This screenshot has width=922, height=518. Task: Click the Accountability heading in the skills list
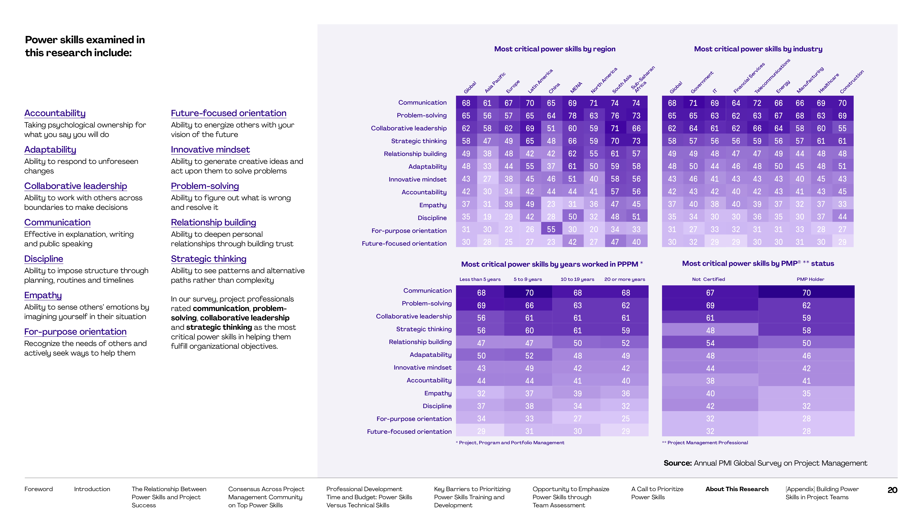click(55, 113)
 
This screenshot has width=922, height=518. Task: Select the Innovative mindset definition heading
click(210, 150)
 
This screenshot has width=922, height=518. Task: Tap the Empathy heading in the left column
click(43, 295)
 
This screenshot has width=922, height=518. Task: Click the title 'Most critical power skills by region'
click(554, 49)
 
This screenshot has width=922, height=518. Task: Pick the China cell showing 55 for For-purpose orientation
click(551, 229)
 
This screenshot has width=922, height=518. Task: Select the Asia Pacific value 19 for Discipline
click(487, 217)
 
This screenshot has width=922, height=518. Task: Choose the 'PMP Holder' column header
click(810, 279)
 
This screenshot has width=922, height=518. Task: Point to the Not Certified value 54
click(710, 343)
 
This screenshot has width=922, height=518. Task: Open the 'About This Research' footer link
click(737, 489)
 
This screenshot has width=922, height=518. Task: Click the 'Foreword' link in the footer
click(38, 489)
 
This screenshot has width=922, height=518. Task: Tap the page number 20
click(892, 490)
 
